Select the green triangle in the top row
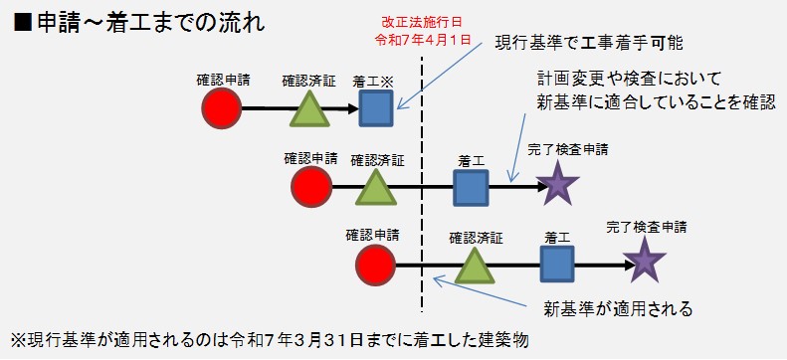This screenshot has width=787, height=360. [x=308, y=108]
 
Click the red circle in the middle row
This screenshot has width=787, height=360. [x=310, y=186]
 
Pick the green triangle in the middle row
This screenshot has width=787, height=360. [x=376, y=186]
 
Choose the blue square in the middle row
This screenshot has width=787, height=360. [x=470, y=186]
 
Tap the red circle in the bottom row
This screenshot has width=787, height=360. [x=376, y=264]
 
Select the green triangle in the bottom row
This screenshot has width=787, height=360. [x=475, y=265]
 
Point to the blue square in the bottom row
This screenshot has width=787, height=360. [x=557, y=264]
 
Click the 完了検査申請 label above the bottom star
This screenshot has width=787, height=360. [x=646, y=228]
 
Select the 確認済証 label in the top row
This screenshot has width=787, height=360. [x=308, y=79]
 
